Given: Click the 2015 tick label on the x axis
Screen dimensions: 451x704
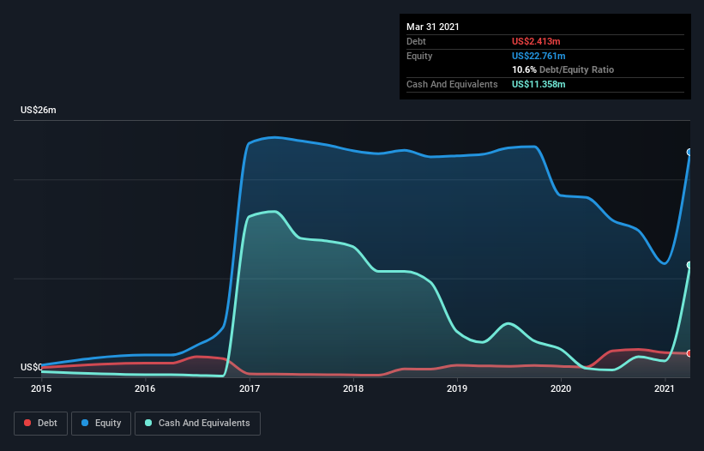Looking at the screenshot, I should coord(41,389).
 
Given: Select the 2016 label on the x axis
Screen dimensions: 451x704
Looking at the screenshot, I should coord(145,389).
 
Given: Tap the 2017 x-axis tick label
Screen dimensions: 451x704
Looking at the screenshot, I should coord(250,389).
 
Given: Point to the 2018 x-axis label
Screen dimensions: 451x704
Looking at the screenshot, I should coord(353,389).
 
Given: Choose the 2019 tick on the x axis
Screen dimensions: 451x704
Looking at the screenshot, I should coord(457,389).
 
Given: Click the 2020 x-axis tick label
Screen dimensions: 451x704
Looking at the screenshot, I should coord(561,389).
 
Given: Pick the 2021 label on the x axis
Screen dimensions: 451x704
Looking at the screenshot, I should coord(665,389).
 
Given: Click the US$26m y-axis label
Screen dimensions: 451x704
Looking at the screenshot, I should coord(39,111).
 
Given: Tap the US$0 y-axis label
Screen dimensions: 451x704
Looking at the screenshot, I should coord(31,367).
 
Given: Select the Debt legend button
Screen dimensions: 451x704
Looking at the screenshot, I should coord(39,423).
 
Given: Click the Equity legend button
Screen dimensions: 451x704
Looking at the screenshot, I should coord(101,423).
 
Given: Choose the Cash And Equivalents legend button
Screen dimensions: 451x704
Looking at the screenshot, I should coord(197,423).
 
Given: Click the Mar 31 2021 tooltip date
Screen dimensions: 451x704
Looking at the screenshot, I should coord(433,27).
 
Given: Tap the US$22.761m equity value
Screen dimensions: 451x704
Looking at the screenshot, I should coord(540,56).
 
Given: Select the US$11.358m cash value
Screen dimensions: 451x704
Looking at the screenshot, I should coord(539,84).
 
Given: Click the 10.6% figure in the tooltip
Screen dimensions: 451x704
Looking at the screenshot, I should coord(524,69).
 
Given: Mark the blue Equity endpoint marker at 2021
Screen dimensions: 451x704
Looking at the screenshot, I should coord(689,152).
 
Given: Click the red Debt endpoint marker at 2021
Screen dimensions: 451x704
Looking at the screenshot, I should coord(689,353).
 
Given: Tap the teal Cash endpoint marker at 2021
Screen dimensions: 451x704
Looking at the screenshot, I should coord(689,265).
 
